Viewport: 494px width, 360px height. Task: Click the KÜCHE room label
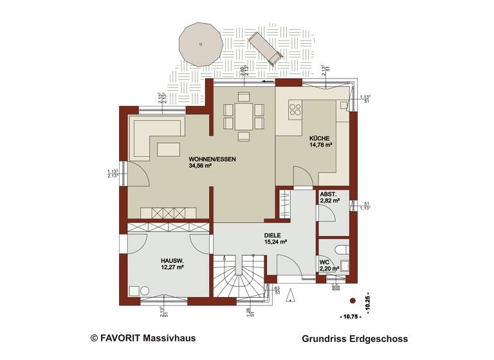click(319, 138)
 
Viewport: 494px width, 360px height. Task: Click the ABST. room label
click(328, 194)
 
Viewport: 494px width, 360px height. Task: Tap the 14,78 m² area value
click(320, 146)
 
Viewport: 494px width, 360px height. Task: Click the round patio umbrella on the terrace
click(201, 44)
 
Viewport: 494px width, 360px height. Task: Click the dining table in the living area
click(244, 116)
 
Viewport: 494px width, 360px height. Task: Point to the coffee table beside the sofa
click(169, 150)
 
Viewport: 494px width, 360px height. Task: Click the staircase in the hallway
click(240, 276)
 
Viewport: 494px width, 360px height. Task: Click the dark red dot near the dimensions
click(352, 301)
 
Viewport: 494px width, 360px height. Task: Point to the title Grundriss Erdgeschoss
click(354, 338)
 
